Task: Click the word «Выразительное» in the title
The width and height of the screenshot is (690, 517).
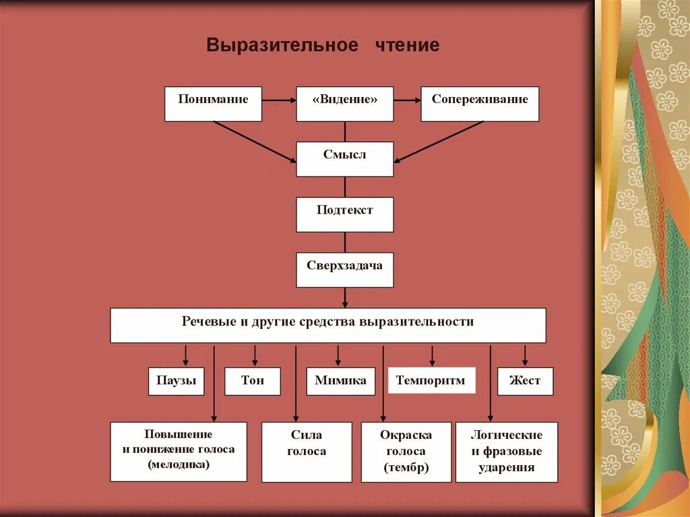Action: [x=282, y=45]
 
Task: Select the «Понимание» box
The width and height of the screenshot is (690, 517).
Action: [x=213, y=104]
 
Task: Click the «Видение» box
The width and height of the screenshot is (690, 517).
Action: [x=345, y=104]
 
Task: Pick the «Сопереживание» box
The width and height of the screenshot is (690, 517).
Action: [x=480, y=104]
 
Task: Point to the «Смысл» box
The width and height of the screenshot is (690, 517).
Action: [x=345, y=159]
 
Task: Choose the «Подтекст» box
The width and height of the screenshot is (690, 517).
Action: [x=345, y=214]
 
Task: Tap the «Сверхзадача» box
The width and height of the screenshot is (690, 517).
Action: [x=345, y=270]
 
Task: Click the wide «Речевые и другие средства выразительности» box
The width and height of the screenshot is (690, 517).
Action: [x=328, y=326]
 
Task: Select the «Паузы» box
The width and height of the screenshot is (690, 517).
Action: [x=177, y=381]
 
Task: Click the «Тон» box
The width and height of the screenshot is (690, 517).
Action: [x=253, y=381]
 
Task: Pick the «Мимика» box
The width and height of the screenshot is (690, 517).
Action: [x=341, y=381]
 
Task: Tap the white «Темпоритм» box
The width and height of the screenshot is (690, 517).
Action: [x=431, y=381]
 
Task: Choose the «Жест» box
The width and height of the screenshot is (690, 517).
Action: [x=525, y=381]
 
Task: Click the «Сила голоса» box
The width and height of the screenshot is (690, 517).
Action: [x=307, y=452]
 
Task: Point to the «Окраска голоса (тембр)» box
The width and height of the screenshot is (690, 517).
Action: [x=406, y=452]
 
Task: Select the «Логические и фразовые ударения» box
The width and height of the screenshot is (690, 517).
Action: [x=507, y=452]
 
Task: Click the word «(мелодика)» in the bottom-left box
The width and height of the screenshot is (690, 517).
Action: [x=179, y=464]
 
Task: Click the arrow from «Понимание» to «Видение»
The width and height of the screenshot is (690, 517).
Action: [x=279, y=100]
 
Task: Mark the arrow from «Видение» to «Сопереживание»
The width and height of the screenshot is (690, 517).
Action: [x=407, y=100]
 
